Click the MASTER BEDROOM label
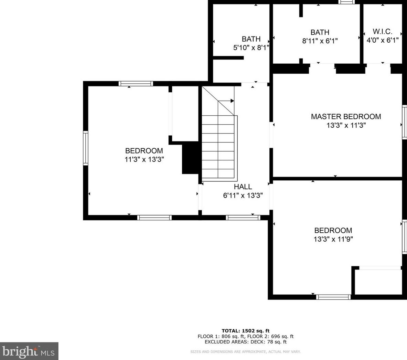click(x=346, y=117)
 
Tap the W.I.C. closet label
click(x=382, y=31)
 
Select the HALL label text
click(x=243, y=187)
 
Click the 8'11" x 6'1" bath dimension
click(x=320, y=41)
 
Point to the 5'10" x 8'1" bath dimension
click(x=251, y=47)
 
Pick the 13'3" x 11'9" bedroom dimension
click(x=333, y=239)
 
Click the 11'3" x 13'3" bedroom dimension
click(x=144, y=159)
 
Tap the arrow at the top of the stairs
click(x=232, y=101)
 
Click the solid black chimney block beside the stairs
click(x=190, y=159)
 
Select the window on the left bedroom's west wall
click(x=86, y=148)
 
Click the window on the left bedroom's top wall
click(x=136, y=83)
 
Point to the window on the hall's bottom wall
click(x=243, y=218)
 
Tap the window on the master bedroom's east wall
click(x=405, y=122)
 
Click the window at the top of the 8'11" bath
click(x=346, y=2)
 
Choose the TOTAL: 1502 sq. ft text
click(x=245, y=331)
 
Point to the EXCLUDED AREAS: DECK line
click(x=245, y=342)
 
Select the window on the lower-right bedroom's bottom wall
click(x=333, y=297)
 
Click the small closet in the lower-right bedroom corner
click(x=378, y=282)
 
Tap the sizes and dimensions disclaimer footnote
click(x=245, y=351)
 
